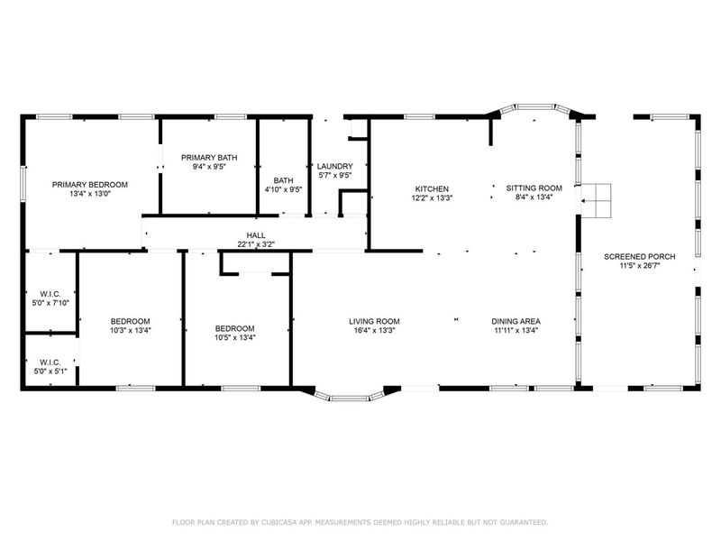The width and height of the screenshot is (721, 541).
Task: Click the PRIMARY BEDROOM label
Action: click(89, 184)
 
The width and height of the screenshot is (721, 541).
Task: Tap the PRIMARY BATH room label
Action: click(209, 156)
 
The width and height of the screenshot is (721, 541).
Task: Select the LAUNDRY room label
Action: click(334, 166)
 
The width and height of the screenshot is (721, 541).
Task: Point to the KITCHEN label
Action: click(432, 188)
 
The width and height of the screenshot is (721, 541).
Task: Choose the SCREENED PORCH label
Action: click(640, 256)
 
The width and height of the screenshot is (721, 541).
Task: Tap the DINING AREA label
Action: click(516, 321)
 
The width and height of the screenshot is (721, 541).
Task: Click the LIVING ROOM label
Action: click(375, 321)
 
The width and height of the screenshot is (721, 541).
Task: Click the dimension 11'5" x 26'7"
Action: click(640, 266)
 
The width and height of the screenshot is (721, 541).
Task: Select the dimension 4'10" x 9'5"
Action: click(284, 189)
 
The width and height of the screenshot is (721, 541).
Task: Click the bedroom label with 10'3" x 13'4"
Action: click(130, 321)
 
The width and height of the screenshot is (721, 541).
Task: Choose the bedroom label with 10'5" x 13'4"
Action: click(234, 328)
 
